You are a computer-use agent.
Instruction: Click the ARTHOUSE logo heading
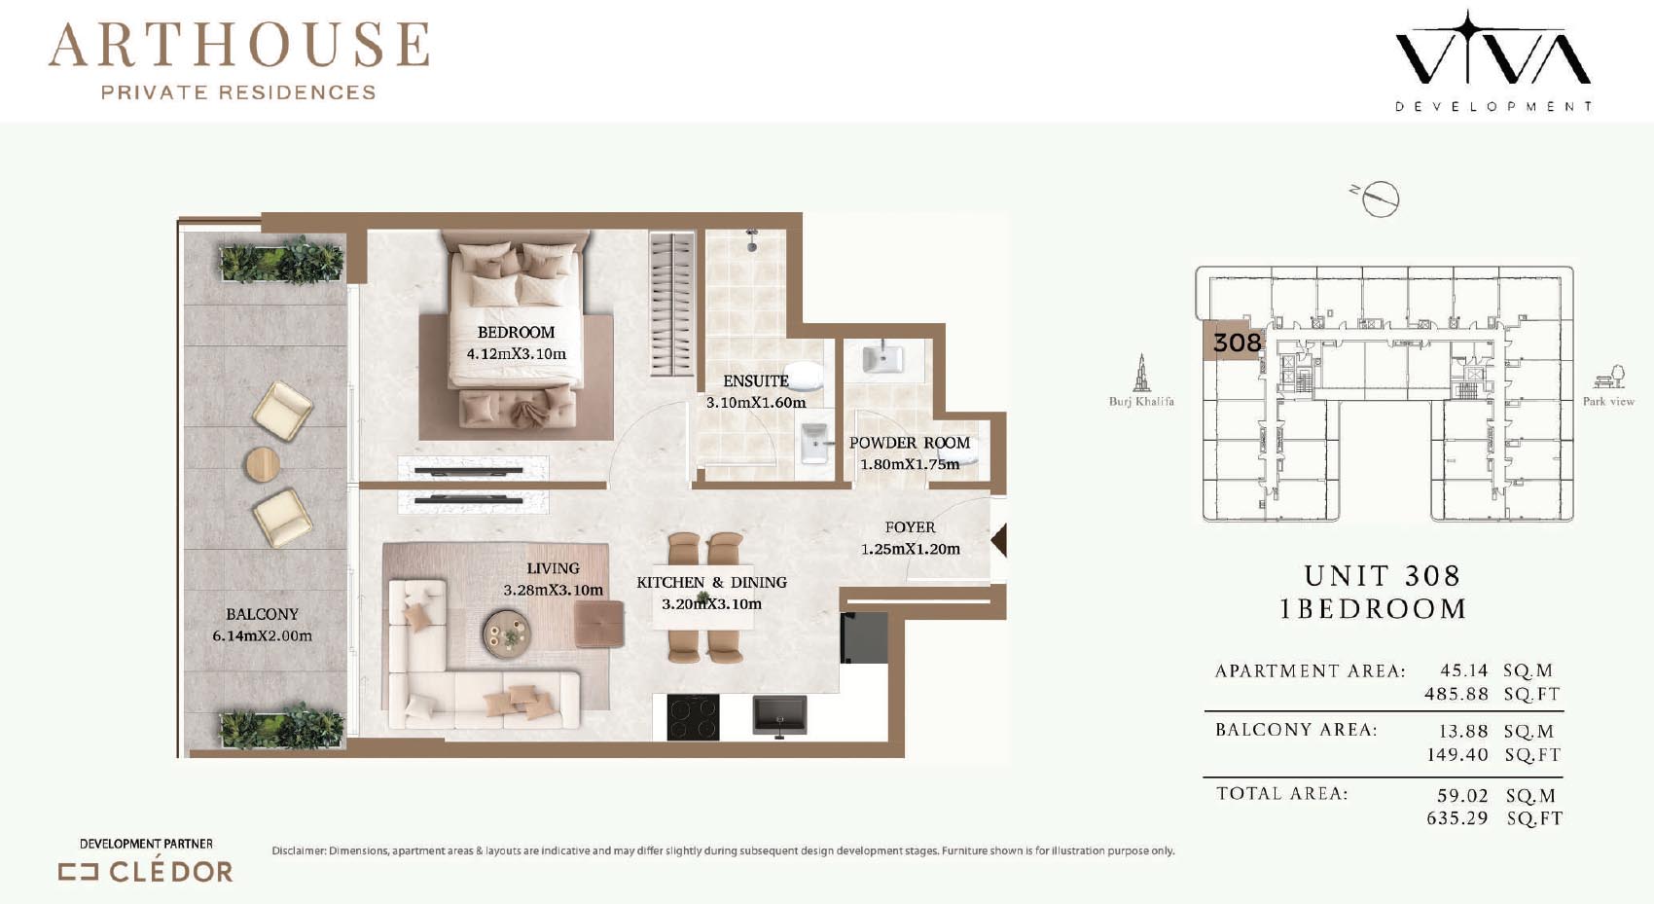[238, 45]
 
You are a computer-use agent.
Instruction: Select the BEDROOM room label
[516, 333]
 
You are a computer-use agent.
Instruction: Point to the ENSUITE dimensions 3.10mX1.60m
[755, 403]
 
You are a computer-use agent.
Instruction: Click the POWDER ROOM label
[909, 443]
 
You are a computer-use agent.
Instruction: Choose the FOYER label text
[910, 527]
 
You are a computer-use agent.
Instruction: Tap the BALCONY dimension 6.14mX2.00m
[262, 635]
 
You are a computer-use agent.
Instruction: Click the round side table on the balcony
[262, 464]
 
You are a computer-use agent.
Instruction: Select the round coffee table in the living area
[507, 633]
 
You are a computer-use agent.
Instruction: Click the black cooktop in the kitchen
[693, 716]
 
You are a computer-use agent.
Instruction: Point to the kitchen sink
[779, 715]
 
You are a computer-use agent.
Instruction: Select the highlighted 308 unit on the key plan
[1233, 341]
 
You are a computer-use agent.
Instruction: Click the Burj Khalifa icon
[1141, 373]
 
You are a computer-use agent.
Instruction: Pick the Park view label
[1608, 402]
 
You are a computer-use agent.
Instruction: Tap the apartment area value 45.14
[1464, 670]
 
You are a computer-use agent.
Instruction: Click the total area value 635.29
[1456, 818]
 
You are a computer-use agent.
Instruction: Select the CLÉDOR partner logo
[146, 872]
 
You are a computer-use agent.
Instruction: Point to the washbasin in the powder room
[882, 359]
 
